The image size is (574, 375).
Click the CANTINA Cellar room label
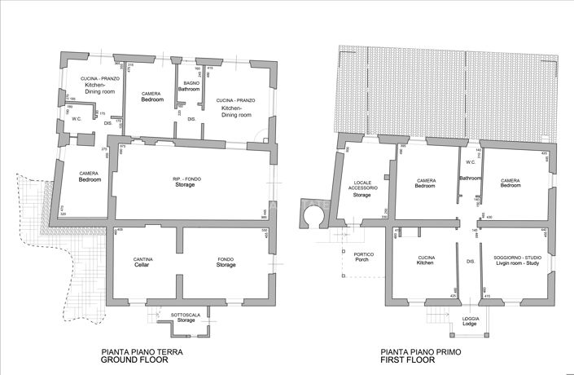pyautogui.click(x=143, y=262)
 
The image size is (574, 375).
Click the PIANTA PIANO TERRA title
pyautogui.click(x=141, y=352)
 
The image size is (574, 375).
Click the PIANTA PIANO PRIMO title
pyautogui.click(x=421, y=352)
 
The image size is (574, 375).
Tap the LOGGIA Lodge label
pyautogui.click(x=470, y=321)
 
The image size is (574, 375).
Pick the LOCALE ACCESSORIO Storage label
pyautogui.click(x=362, y=188)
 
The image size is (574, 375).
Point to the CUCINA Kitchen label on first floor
pyautogui.click(x=425, y=260)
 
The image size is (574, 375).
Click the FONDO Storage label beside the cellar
pyautogui.click(x=226, y=262)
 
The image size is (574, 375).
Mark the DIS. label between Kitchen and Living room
pyautogui.click(x=470, y=261)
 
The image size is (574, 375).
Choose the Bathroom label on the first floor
pyautogui.click(x=470, y=178)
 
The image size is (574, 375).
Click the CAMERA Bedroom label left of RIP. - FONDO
pyautogui.click(x=89, y=176)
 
